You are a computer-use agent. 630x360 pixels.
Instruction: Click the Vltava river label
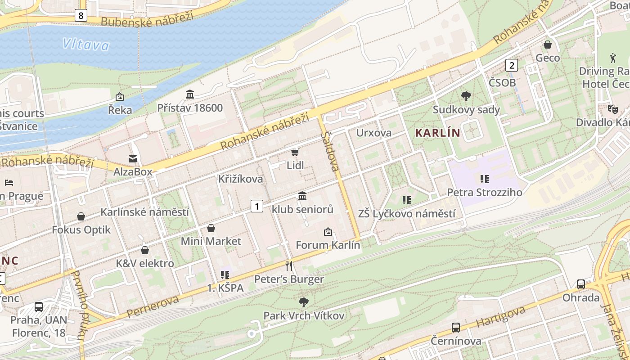(x=86, y=44)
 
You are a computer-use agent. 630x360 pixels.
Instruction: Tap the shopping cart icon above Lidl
(x=295, y=153)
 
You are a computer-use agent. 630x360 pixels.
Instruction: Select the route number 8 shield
(x=81, y=16)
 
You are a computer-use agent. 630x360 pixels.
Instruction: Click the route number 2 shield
(x=511, y=65)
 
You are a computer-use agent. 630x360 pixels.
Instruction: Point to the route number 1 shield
(x=256, y=207)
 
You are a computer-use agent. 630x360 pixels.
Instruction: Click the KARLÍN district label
(x=438, y=133)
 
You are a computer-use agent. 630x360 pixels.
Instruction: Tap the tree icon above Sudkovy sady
(x=466, y=96)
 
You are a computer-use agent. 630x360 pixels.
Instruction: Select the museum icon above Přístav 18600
(x=190, y=94)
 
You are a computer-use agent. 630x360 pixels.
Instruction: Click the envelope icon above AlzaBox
(x=133, y=158)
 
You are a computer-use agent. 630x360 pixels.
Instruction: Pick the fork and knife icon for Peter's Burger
(x=289, y=266)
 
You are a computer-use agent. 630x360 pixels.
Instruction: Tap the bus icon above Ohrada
(x=581, y=284)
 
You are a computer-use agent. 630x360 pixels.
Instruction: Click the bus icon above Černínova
(x=456, y=328)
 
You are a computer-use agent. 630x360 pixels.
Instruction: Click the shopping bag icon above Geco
(x=548, y=45)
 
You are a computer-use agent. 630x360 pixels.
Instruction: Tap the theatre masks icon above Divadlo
(x=612, y=109)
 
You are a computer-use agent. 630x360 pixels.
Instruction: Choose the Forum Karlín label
(x=328, y=245)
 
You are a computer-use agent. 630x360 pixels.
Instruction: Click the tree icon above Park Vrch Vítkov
(x=304, y=302)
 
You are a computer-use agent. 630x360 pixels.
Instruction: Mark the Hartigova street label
(x=500, y=317)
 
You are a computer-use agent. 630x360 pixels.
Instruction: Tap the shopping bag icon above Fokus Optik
(x=81, y=216)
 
